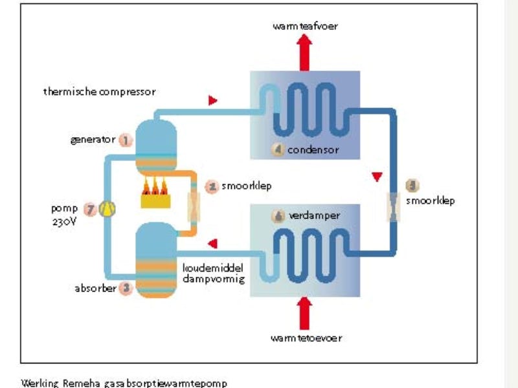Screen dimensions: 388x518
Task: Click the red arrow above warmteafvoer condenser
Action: [x=306, y=52]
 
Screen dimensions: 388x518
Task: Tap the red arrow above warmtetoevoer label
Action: [x=306, y=312]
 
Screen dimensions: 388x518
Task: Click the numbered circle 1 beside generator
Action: [x=126, y=139]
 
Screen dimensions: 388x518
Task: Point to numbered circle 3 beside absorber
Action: [x=126, y=288]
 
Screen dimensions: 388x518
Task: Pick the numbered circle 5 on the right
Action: [x=412, y=186]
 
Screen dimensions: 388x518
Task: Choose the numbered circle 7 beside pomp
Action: [x=89, y=209]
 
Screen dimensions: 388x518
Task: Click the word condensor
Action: [x=313, y=150]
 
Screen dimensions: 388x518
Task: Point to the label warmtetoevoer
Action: [x=306, y=338]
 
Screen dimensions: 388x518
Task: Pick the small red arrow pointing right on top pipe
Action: [x=213, y=101]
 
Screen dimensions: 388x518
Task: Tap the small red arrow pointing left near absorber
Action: [x=212, y=243]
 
